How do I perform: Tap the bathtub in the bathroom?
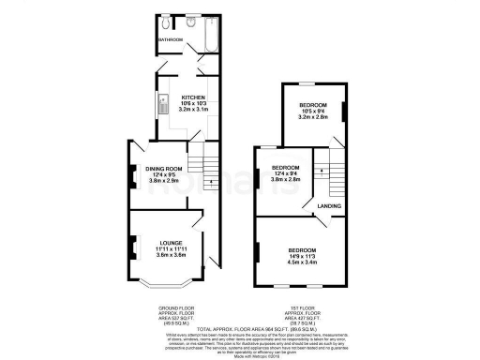click(206, 35)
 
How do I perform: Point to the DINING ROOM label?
click(161, 169)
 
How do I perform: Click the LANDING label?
click(329, 206)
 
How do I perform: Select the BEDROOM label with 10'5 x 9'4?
click(312, 104)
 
